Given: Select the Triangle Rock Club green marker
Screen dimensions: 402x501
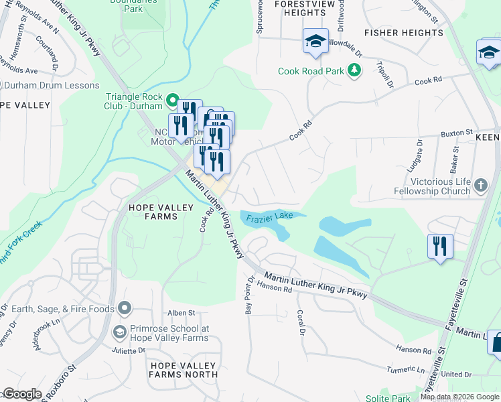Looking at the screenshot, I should [x=172, y=102].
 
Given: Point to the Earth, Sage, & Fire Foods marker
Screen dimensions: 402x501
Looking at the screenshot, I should [x=124, y=308].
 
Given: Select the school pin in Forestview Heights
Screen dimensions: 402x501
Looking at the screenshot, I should [x=315, y=41].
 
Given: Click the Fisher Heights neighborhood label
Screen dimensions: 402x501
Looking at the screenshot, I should [x=403, y=32].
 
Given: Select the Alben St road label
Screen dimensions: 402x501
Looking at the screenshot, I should [x=181, y=313].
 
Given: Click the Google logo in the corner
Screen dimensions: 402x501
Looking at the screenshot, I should [x=22, y=394].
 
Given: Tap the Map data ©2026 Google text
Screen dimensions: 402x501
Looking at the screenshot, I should [x=459, y=397].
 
